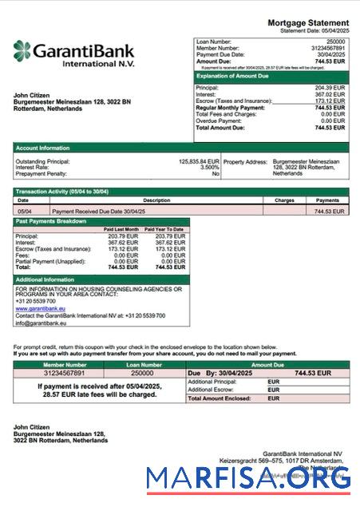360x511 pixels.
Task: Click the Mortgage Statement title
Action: click(x=307, y=22)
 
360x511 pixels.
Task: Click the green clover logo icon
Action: click(x=23, y=52)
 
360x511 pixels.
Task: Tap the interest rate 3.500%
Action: click(x=210, y=167)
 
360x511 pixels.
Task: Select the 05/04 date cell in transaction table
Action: click(x=25, y=212)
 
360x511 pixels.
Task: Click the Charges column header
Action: click(x=284, y=200)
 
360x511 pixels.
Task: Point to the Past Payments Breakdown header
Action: click(x=49, y=221)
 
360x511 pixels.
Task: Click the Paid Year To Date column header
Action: click(x=166, y=229)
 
